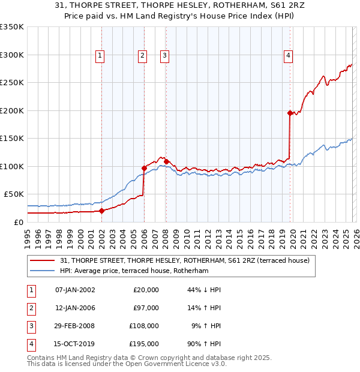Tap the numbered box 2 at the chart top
(142, 56)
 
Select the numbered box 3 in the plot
(164, 56)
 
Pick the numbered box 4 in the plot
(289, 56)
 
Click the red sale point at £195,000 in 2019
(290, 113)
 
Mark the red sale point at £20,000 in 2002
(101, 211)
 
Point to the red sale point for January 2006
(144, 168)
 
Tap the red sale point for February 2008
(166, 161)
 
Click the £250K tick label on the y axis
(12, 83)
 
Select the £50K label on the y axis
(14, 194)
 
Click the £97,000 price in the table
(146, 308)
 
